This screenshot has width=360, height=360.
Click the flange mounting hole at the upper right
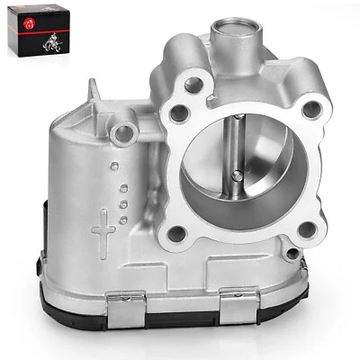point(311,110)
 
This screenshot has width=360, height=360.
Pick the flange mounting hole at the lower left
point(176,234)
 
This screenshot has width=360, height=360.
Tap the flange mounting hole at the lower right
point(306,229)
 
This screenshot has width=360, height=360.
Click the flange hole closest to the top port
point(193,85)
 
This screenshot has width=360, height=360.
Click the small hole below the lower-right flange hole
point(292,254)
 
